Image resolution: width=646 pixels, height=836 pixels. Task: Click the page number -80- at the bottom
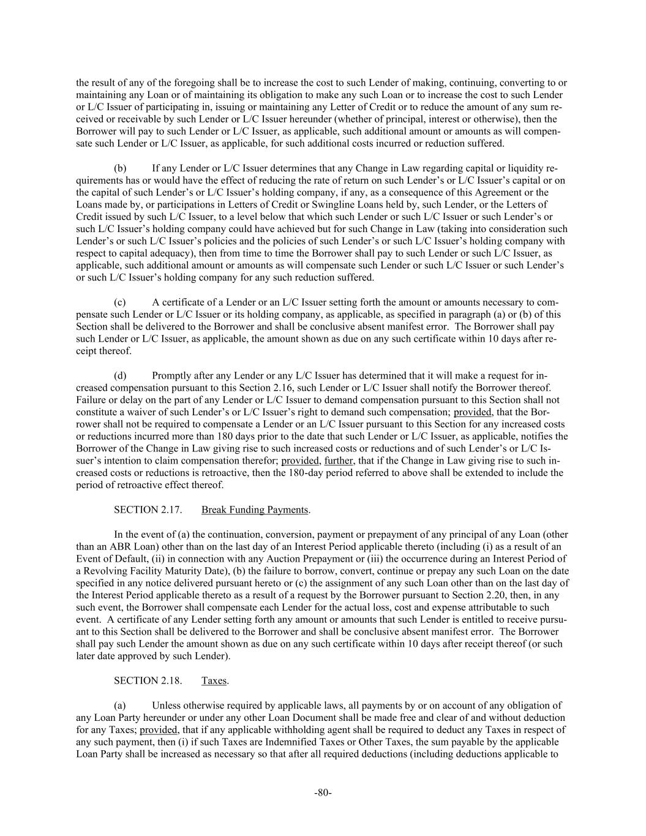coord(323,793)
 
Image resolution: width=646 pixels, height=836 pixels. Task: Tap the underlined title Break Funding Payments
coord(255,510)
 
